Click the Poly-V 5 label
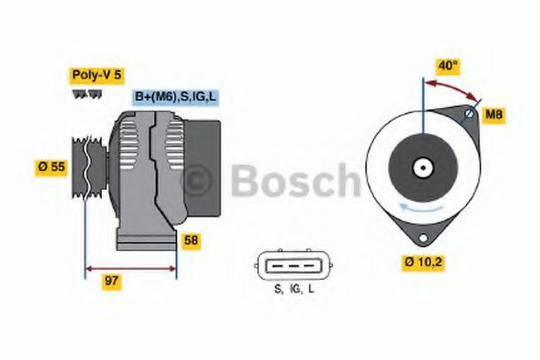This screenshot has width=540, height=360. coord(95,75)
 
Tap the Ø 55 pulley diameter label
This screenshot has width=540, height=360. coord(50,166)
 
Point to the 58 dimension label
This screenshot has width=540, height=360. coord(192,240)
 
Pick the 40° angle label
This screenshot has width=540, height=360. coord(448,65)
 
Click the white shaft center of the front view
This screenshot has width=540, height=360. coord(420,166)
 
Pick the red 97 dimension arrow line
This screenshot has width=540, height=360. coord(130,267)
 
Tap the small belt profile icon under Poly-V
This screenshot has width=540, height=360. coord(81,92)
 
